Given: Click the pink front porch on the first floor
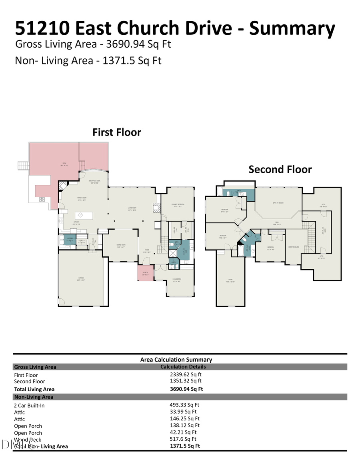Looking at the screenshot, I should point(145,273).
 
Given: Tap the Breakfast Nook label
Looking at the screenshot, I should point(94,182).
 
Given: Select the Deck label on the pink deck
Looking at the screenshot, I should point(63,164).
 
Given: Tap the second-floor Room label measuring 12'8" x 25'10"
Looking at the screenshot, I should point(230,280).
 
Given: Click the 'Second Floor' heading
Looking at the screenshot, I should point(280,169).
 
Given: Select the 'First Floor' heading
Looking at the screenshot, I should point(116,132).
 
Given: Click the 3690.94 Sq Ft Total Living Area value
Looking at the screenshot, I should point(186,389).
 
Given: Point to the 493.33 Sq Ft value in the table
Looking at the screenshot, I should point(184,405).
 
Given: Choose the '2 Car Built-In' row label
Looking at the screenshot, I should point(29,406).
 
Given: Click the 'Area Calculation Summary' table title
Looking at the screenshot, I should point(176,360).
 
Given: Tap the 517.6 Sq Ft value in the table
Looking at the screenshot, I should point(183,439).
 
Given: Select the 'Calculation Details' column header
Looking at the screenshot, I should point(183,366).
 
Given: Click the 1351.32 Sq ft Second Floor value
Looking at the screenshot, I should point(186,381).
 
